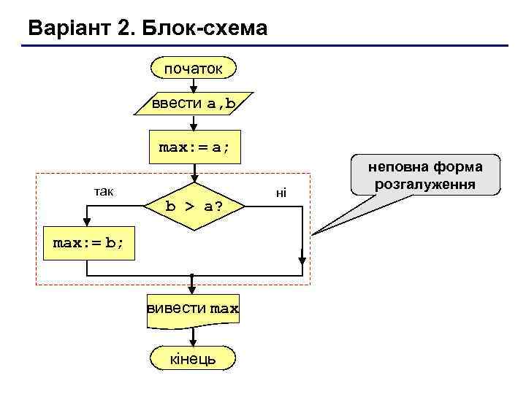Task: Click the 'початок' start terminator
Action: (x=193, y=69)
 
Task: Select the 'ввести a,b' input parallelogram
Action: (x=193, y=104)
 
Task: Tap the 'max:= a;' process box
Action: (x=194, y=147)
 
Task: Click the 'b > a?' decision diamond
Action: (x=194, y=206)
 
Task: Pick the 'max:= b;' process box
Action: (x=88, y=243)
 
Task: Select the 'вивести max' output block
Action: (x=193, y=309)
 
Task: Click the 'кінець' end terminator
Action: (x=193, y=358)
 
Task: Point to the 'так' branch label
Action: (x=102, y=191)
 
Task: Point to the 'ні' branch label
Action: (x=281, y=193)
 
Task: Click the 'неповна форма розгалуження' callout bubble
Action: (x=424, y=174)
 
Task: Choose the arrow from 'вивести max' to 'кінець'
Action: (x=193, y=336)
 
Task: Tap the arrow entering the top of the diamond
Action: (x=194, y=172)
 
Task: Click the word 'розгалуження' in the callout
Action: (x=424, y=183)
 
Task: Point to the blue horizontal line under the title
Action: (x=263, y=46)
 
